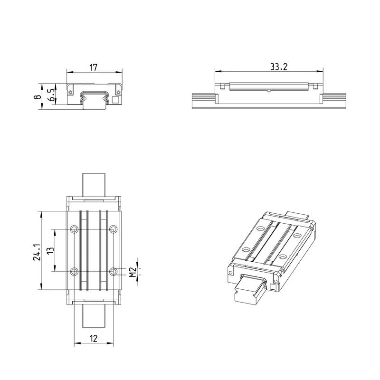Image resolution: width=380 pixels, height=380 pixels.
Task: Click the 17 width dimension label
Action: click(93, 67)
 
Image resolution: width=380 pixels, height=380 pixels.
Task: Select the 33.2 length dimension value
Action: click(279, 67)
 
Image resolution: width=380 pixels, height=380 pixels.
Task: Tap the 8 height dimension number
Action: click(38, 97)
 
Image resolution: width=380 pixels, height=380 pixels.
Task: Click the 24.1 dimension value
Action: click(37, 252)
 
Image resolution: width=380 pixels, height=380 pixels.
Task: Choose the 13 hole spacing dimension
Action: click(50, 251)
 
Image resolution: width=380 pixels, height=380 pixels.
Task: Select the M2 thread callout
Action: click(133, 272)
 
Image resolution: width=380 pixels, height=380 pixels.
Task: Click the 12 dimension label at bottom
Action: click(93, 338)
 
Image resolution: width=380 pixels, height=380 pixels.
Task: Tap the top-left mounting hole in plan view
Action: click(74, 229)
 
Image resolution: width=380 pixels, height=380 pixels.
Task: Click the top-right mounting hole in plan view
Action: click(113, 229)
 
